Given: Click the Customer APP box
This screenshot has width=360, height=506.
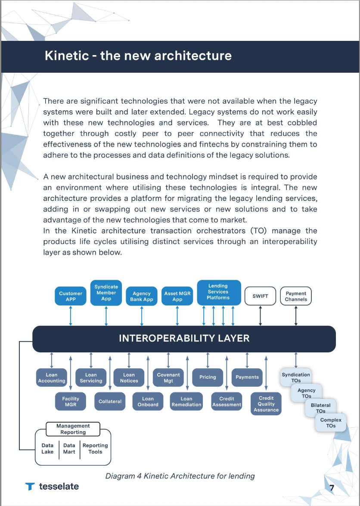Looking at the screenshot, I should (71, 296).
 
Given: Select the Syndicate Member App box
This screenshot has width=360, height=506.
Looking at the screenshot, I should (106, 293).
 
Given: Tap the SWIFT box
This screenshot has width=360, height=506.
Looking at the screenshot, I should (260, 296).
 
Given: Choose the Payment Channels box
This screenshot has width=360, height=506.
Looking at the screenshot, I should (296, 296).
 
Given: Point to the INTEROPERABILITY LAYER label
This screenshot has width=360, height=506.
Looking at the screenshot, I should (184, 338).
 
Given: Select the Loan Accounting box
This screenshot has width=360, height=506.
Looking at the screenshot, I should (52, 378).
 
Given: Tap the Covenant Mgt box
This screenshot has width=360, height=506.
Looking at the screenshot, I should (168, 378).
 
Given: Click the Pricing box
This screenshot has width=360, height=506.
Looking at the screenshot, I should (208, 377).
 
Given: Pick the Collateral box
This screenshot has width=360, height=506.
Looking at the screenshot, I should (110, 401).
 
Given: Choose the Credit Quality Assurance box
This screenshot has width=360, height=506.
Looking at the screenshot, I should (266, 404).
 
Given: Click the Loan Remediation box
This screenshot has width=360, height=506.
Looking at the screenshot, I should (186, 401).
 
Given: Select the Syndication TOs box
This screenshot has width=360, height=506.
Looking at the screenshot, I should (296, 377).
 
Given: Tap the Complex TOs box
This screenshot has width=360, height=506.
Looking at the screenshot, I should (331, 423).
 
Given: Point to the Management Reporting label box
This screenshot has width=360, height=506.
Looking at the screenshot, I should (73, 429).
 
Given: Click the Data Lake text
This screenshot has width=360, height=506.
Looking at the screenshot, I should (47, 449).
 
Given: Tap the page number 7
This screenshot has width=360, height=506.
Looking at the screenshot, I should (332, 488).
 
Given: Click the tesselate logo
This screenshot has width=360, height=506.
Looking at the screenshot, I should (52, 487).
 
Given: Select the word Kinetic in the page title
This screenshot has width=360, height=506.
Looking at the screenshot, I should (66, 56).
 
